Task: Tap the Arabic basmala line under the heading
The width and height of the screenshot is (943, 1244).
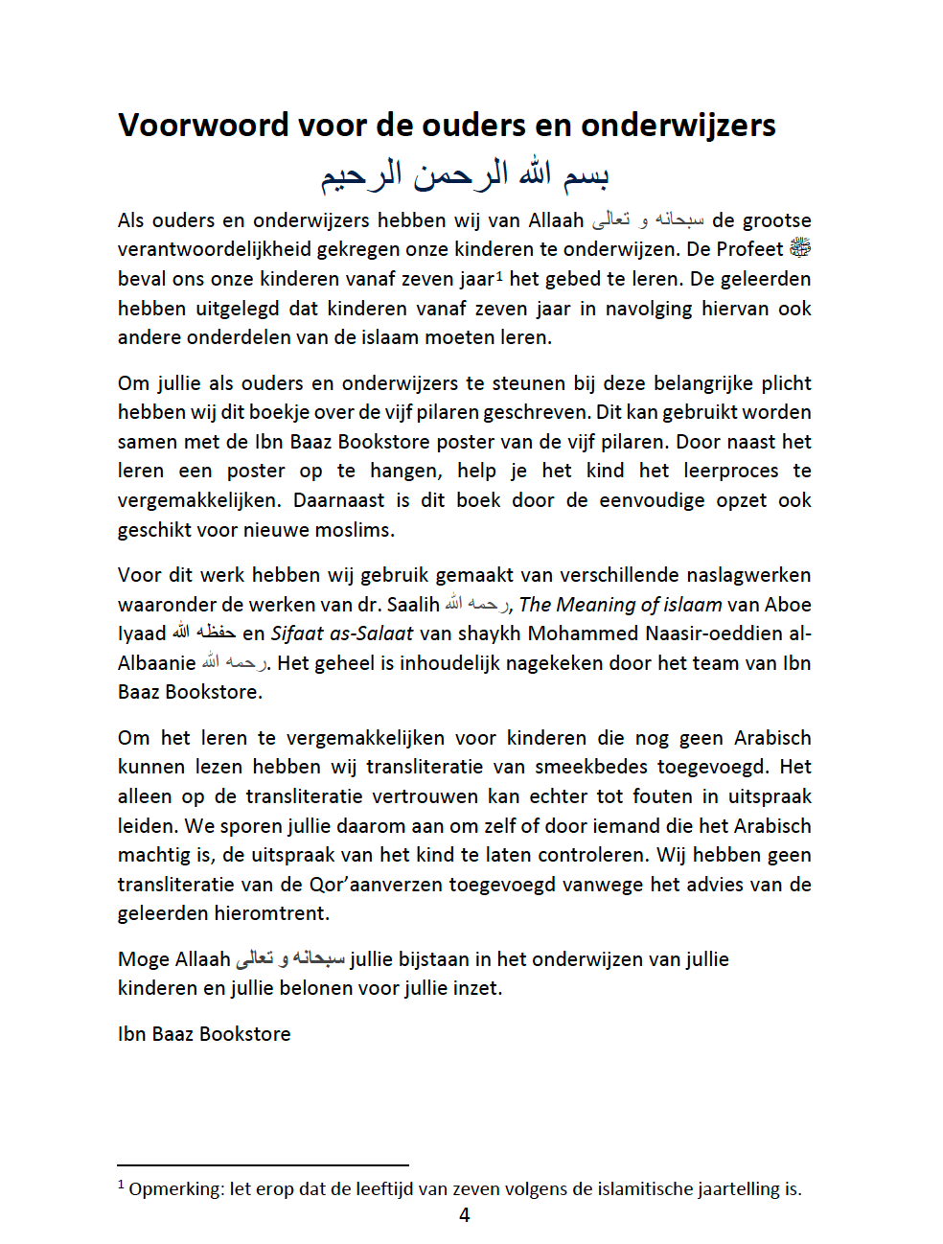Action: (465, 174)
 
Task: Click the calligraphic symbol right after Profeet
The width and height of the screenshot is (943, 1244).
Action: (800, 248)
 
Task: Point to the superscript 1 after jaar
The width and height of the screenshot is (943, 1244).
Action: (499, 274)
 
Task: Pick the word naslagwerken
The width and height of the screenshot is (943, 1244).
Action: (749, 575)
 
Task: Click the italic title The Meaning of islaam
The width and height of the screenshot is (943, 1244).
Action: (620, 605)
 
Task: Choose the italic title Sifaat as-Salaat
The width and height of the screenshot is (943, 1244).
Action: (342, 634)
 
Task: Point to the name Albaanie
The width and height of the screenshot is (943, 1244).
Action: (156, 663)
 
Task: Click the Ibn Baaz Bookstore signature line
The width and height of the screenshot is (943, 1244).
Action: (204, 1034)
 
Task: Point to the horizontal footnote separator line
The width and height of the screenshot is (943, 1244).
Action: (263, 1165)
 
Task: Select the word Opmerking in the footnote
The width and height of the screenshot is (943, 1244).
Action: (175, 1189)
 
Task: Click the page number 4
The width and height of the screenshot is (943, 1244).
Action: (465, 1215)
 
